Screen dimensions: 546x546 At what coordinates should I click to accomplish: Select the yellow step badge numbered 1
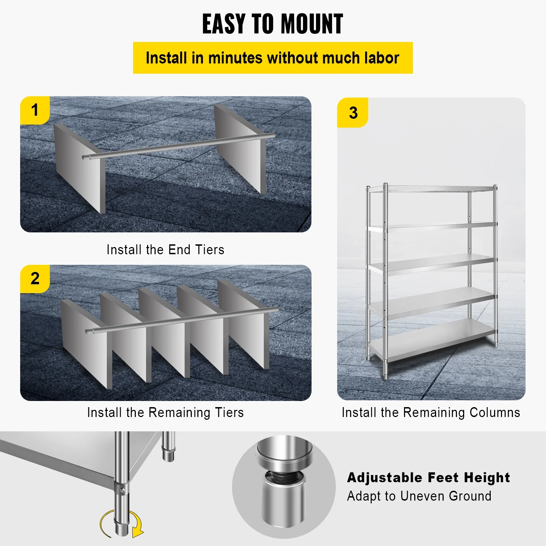coord(35,110)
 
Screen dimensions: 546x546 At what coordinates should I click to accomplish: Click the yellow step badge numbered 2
coord(35,278)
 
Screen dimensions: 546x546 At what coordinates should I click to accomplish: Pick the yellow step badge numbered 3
coord(353,113)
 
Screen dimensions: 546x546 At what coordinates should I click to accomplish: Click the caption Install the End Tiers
coord(166,250)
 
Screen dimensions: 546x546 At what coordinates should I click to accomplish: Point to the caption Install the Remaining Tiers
coord(166,412)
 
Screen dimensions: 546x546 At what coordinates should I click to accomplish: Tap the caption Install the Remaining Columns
coord(431,412)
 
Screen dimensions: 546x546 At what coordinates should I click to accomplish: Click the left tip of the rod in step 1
coord(84,157)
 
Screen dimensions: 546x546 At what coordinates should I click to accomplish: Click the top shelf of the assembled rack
coord(432,189)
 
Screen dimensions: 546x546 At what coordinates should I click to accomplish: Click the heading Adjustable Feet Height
coord(428,477)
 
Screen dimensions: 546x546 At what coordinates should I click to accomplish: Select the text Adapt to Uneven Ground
coord(419,496)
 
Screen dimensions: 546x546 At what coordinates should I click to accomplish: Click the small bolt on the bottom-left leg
coord(122,491)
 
